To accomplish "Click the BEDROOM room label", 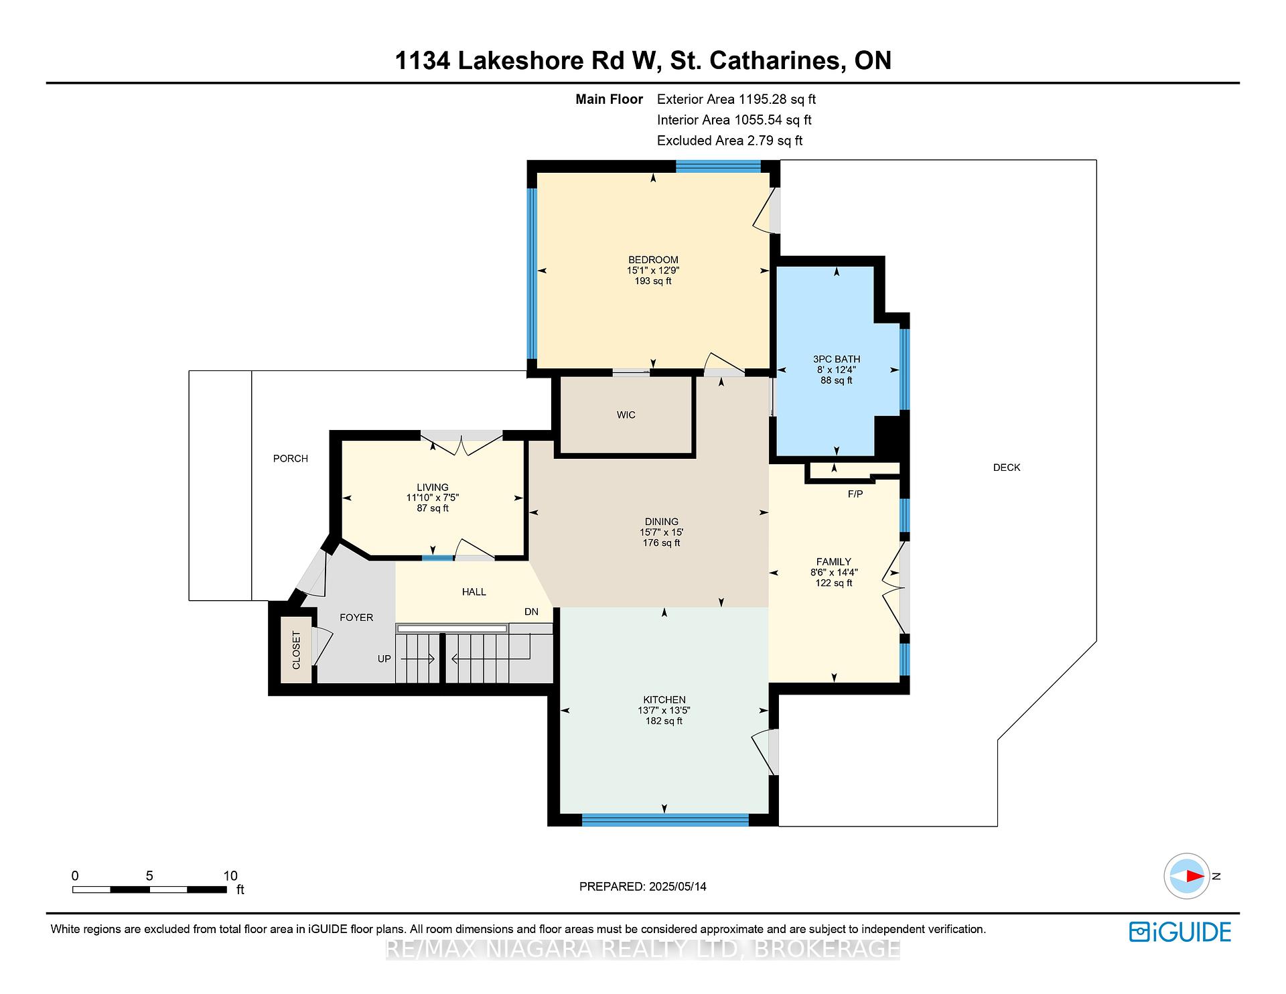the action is tap(653, 260).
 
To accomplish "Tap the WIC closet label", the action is tap(626, 415).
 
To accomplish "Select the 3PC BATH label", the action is tap(837, 359).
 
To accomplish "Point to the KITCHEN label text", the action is tap(664, 700).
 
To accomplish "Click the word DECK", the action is tap(1007, 468).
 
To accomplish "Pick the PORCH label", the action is tap(291, 459).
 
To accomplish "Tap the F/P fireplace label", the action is tap(855, 494).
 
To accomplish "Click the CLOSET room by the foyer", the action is tap(296, 650).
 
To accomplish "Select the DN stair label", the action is tap(531, 612).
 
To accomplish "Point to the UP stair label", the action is tap(384, 659).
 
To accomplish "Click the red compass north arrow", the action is tap(1194, 875).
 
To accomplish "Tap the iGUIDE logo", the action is tap(1180, 932).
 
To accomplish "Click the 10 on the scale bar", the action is tap(230, 876).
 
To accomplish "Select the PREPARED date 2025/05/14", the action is tap(643, 887).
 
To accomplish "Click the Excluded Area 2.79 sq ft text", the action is tap(729, 141).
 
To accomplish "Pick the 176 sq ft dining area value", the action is tap(662, 543).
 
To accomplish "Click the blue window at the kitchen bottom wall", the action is tap(665, 820).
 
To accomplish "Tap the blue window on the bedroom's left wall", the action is tap(532, 274).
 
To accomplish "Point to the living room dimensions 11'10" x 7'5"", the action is tap(433, 498).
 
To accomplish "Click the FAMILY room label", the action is tap(834, 562).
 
